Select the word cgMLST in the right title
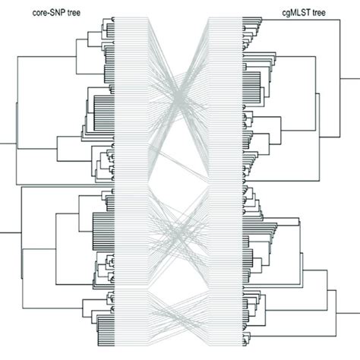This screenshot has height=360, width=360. point(292,13)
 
